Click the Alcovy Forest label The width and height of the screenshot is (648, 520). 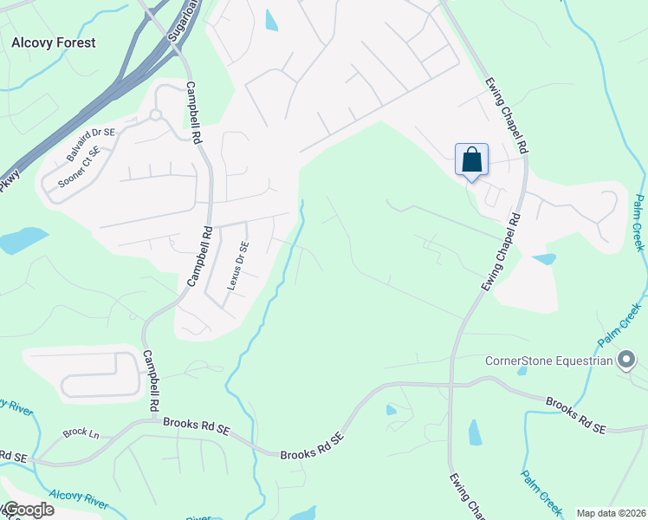click(54, 42)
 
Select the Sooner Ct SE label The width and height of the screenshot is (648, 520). click(80, 168)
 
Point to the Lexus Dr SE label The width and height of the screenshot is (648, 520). click(238, 264)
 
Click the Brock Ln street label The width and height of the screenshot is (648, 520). click(76, 432)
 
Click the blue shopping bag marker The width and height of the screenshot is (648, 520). click(471, 160)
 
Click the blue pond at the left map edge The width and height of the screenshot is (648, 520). click(23, 239)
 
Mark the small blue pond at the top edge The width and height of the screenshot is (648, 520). click(271, 20)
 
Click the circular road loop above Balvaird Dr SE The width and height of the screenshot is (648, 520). click(156, 114)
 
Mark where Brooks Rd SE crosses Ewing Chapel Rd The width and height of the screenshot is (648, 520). click(450, 382)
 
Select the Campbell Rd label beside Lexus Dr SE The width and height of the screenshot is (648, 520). click(200, 257)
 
